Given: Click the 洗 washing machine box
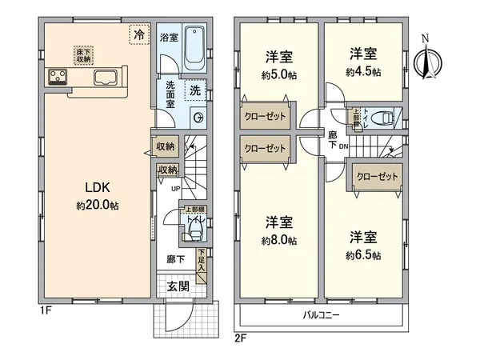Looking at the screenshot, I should coord(194,91).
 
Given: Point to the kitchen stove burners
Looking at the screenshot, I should coord(58,78).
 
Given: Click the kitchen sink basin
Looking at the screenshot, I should coord(106,78).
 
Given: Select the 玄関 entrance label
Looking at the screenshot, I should coord(178,286).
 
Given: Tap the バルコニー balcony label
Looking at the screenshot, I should coord(322,315).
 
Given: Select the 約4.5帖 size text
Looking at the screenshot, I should coord(363,71).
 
